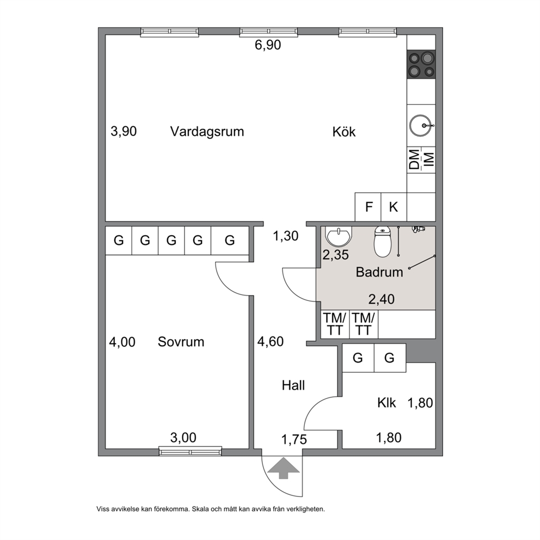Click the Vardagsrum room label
207,132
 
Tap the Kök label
343,132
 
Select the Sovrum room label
181,342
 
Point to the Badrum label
379,272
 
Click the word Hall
293,385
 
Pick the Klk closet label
386,403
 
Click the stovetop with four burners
421,64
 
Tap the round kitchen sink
421,126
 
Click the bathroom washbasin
339,235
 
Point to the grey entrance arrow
283,468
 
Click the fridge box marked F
368,207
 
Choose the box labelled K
394,207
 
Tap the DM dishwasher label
415,159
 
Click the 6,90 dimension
268,45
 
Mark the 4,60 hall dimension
271,342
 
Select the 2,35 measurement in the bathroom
335,255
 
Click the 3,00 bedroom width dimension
183,438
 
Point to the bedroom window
190,451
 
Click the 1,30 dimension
285,236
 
